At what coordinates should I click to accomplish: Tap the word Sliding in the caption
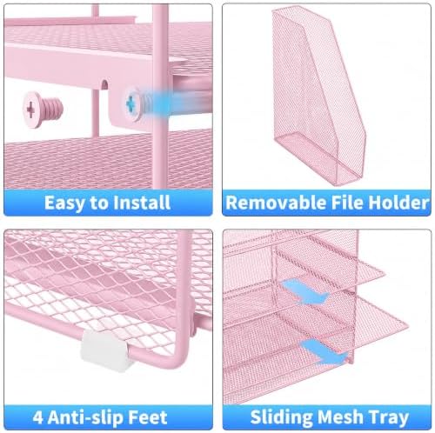coord(281,417)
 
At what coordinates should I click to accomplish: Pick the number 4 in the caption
coord(37,417)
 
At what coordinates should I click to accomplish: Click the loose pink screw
coord(43,110)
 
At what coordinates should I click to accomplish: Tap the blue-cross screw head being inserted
coord(132,103)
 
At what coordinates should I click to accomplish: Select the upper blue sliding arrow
coord(304,291)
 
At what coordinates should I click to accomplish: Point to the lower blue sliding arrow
coord(325,352)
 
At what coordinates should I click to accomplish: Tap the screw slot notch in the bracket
coord(104,84)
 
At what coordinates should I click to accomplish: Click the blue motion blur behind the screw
coord(176,103)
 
